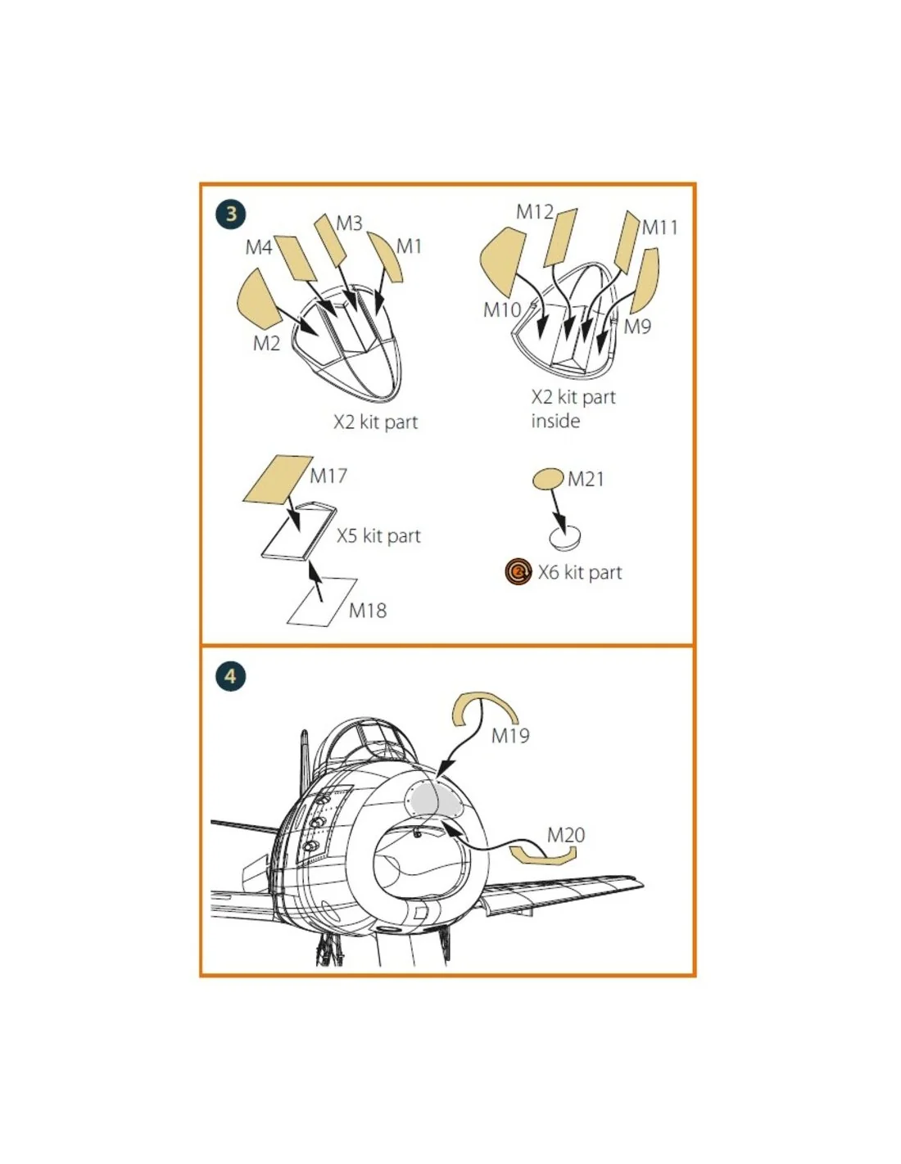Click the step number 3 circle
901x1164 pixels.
coord(231,214)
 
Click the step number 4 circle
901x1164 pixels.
coord(230,677)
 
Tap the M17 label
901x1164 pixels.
coord(328,476)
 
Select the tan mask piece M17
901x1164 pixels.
coord(278,480)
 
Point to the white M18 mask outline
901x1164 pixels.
coord(322,601)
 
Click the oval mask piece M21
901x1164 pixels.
coord(548,478)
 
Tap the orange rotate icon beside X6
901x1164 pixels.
coord(518,572)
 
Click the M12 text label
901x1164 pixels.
coord(534,212)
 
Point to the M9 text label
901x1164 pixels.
coord(637,327)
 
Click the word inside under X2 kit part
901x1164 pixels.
coord(555,421)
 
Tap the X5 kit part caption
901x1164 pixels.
coord(378,535)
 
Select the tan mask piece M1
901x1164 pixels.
coord(385,256)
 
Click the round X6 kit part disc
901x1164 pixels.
coord(565,536)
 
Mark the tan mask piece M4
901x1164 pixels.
coord(294,257)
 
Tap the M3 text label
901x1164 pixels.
coord(349,223)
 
